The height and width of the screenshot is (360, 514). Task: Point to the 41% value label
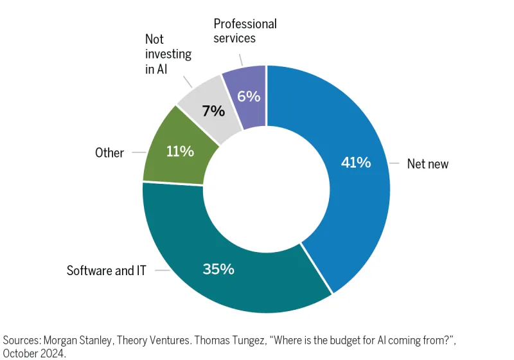click(x=355, y=163)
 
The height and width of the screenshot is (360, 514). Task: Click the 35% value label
click(x=218, y=269)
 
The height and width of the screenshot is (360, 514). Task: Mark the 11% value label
click(x=180, y=151)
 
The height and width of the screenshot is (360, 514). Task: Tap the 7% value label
click(x=213, y=111)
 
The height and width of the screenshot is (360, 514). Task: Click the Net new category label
click(x=428, y=164)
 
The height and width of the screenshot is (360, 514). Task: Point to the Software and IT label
click(x=107, y=271)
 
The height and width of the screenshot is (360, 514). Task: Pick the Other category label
click(x=109, y=153)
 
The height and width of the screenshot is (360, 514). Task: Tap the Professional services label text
click(x=245, y=31)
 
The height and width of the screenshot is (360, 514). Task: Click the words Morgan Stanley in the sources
click(x=80, y=339)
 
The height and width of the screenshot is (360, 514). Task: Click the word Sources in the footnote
click(x=22, y=339)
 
